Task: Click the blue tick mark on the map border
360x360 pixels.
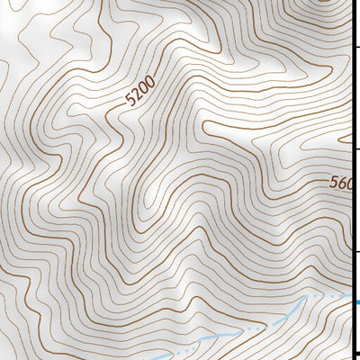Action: (356, 301)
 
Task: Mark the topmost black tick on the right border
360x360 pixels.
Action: (356, 46)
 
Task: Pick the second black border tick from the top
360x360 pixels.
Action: (356, 148)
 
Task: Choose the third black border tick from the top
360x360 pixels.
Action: (356, 251)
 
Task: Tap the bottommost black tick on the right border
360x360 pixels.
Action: (356, 353)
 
